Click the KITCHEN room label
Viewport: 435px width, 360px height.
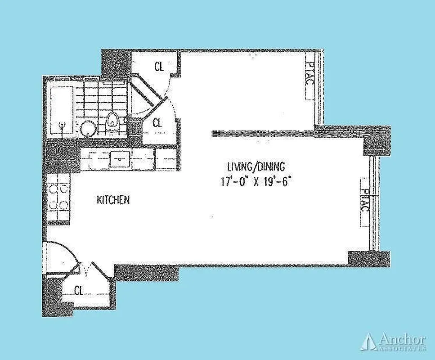(x=113, y=200)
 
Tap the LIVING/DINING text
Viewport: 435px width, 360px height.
(x=256, y=167)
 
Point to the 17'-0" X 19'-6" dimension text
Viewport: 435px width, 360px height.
(x=257, y=182)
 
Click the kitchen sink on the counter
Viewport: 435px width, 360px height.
(x=120, y=159)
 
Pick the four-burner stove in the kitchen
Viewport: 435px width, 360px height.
(x=58, y=198)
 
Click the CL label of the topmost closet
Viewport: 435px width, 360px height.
(x=158, y=67)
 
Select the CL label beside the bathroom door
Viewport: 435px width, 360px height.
(x=157, y=122)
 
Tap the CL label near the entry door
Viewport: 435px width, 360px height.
(x=79, y=290)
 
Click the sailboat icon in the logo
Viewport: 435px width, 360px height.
(x=369, y=342)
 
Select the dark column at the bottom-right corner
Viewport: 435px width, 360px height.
(x=368, y=258)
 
